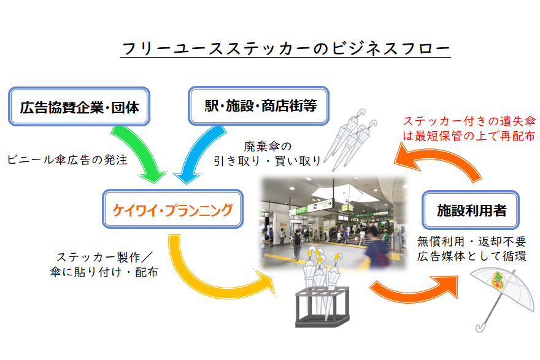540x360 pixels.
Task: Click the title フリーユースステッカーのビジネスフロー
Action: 285,48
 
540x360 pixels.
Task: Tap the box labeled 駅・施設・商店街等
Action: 261,105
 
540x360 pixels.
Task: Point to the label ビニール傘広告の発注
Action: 67,159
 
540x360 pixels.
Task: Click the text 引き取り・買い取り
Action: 267,161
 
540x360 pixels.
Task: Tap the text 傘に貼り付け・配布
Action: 104,271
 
